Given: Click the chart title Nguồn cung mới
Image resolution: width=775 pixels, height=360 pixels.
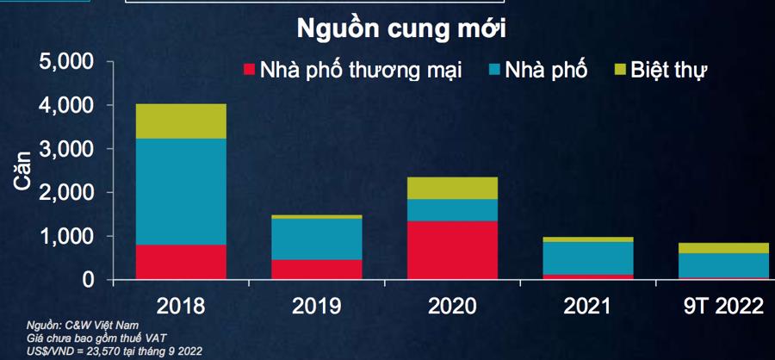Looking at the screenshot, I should [x=400, y=28].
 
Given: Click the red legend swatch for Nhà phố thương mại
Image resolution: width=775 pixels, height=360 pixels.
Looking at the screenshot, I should [x=250, y=70].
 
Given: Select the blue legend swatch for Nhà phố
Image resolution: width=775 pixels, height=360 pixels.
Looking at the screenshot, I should [x=499, y=70].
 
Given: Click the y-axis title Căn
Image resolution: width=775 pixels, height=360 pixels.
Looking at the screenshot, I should [x=22, y=171].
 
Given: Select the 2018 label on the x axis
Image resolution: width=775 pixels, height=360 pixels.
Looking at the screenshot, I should [x=181, y=306].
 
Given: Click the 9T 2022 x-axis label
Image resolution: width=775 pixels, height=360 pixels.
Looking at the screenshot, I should [x=723, y=306].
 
